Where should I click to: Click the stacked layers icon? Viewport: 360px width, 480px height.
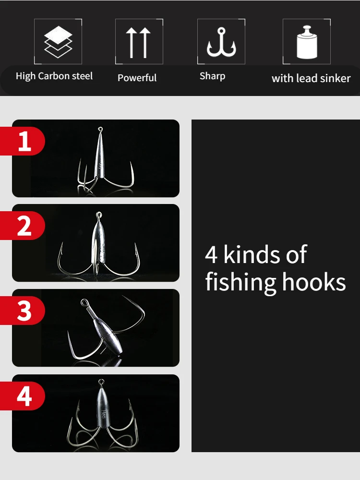(x=58, y=42)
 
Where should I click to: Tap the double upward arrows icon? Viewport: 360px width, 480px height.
(x=138, y=43)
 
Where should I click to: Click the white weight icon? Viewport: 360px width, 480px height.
(x=307, y=42)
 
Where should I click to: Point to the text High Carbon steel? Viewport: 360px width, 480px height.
(x=54, y=76)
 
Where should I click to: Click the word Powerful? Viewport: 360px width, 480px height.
(x=137, y=78)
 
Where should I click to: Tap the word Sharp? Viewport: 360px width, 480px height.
(x=213, y=76)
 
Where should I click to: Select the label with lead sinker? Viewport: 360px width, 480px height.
(x=311, y=78)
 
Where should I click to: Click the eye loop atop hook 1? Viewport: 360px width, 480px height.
(x=100, y=130)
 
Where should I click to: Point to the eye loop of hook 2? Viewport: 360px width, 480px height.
(x=98, y=215)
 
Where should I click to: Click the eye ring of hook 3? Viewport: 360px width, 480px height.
(x=84, y=303)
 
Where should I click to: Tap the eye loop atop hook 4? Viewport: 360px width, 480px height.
(x=101, y=382)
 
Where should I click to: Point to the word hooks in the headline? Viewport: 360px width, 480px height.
(x=314, y=282)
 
